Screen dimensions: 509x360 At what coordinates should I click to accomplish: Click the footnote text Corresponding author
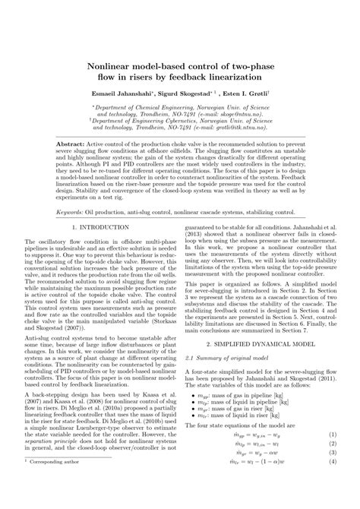coord(62,502)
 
